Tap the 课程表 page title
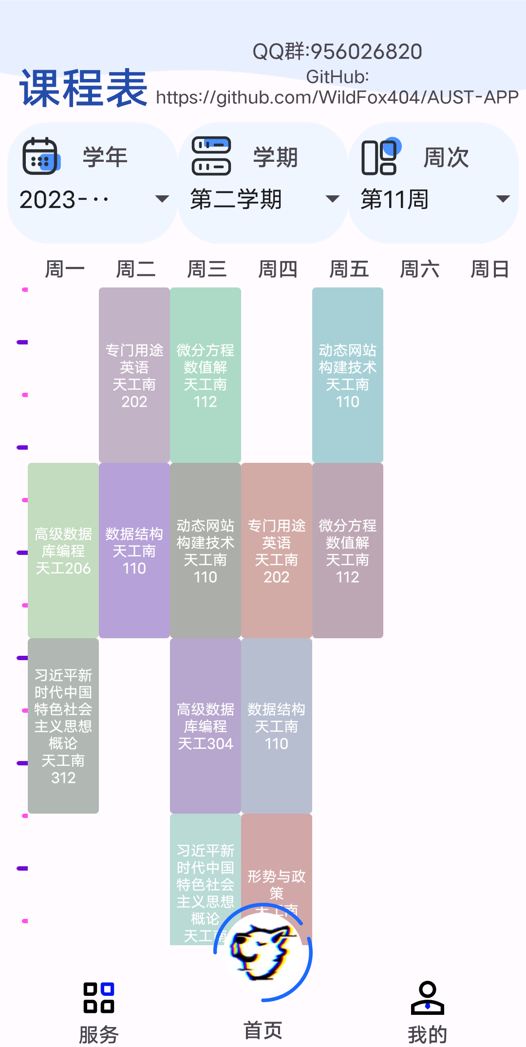pyautogui.click(x=83, y=88)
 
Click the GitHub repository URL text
pyautogui.click(x=337, y=97)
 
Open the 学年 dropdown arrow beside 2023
pyautogui.click(x=161, y=199)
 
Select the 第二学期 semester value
pyautogui.click(x=236, y=199)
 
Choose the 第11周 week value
pyautogui.click(x=394, y=199)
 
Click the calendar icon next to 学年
pyautogui.click(x=41, y=156)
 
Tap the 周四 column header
pyautogui.click(x=278, y=269)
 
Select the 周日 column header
pyautogui.click(x=489, y=269)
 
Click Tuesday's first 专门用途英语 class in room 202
pyautogui.click(x=134, y=375)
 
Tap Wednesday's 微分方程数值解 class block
pyautogui.click(x=206, y=375)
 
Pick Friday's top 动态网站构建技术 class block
pyautogui.click(x=348, y=375)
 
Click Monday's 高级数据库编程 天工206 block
pyautogui.click(x=63, y=550)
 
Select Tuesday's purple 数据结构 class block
pyautogui.click(x=134, y=550)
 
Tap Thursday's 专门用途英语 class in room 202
pyautogui.click(x=277, y=550)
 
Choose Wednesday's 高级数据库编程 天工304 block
pyautogui.click(x=206, y=725)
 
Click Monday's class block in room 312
pyautogui.click(x=63, y=725)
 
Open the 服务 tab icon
pyautogui.click(x=99, y=997)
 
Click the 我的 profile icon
pyautogui.click(x=427, y=997)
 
